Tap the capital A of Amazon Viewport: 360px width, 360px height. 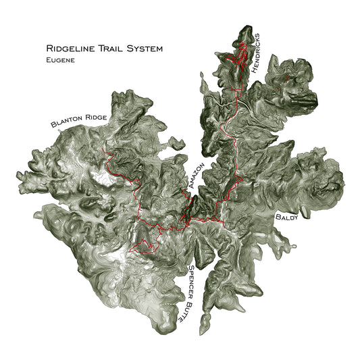click(x=192, y=187)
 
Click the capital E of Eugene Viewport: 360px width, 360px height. click(x=49, y=60)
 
